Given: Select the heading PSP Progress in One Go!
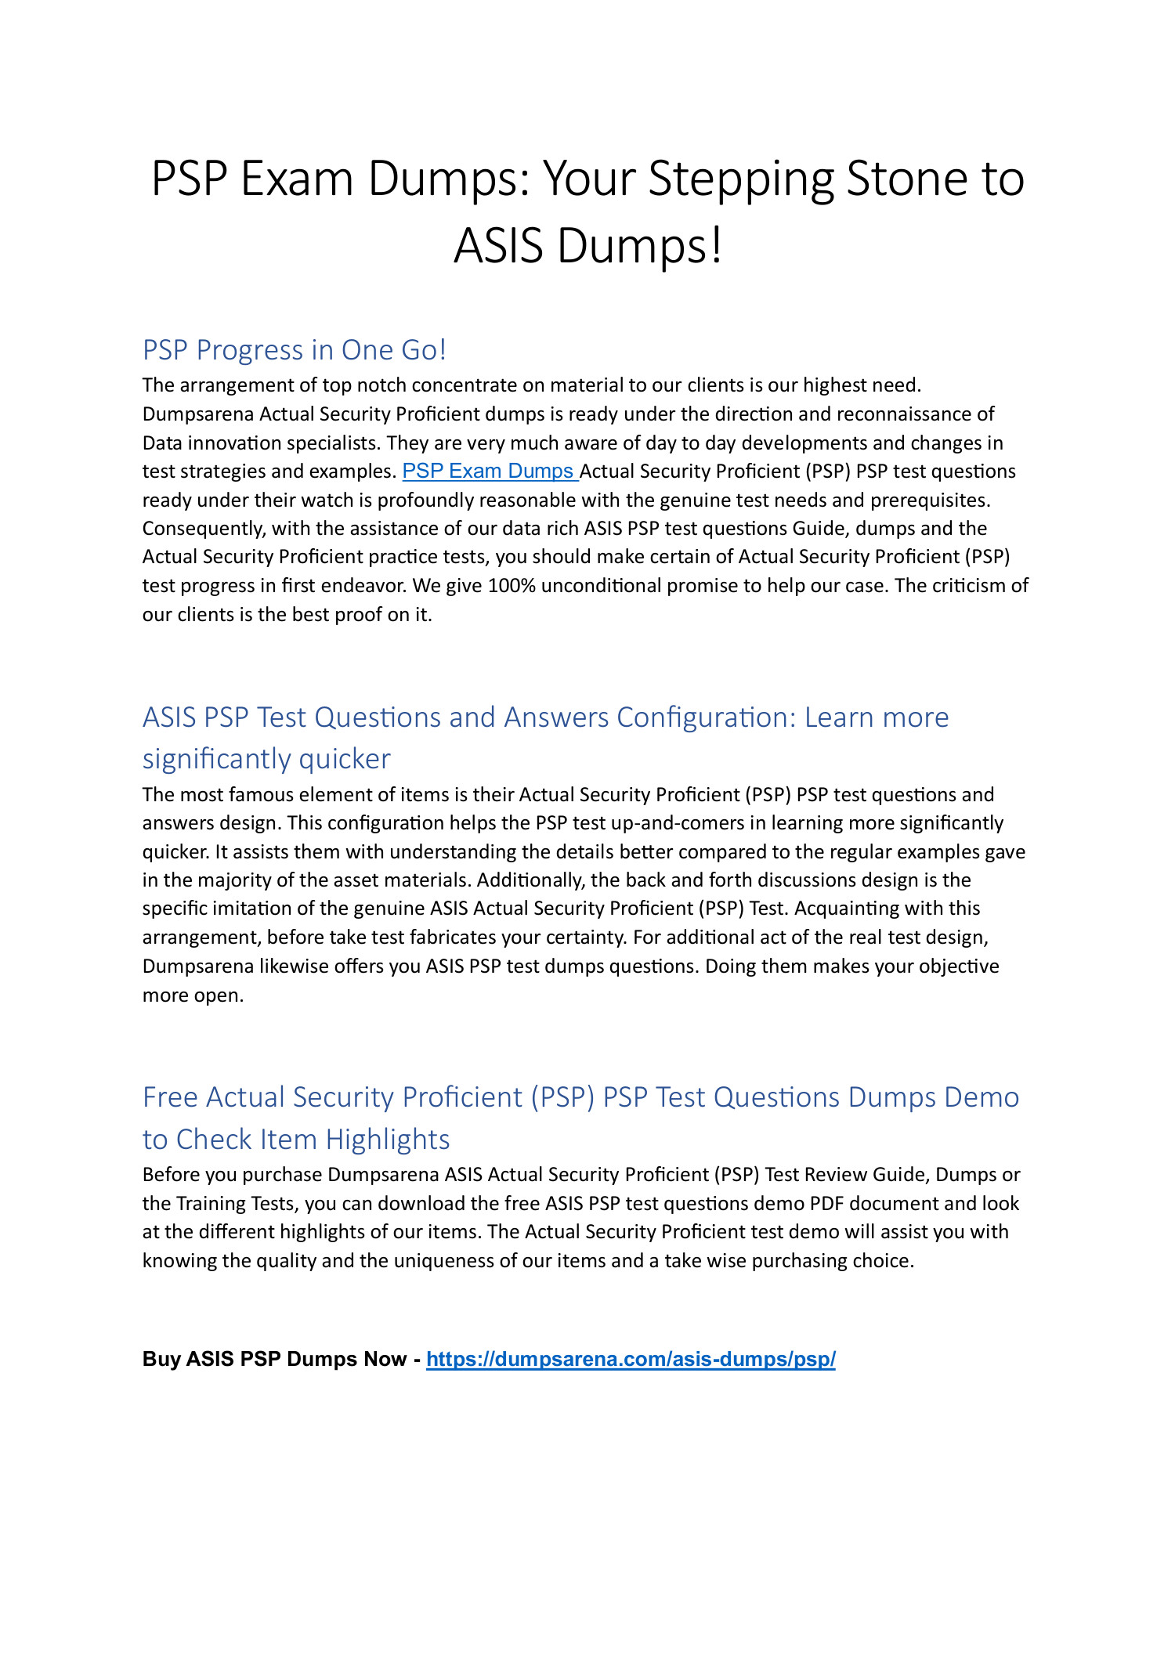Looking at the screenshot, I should point(294,350).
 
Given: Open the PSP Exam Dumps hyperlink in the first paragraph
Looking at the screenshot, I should point(490,472).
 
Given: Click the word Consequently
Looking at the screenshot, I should point(204,529).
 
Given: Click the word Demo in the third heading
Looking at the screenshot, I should point(982,1098).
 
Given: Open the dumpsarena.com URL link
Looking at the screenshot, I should point(631,1360).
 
